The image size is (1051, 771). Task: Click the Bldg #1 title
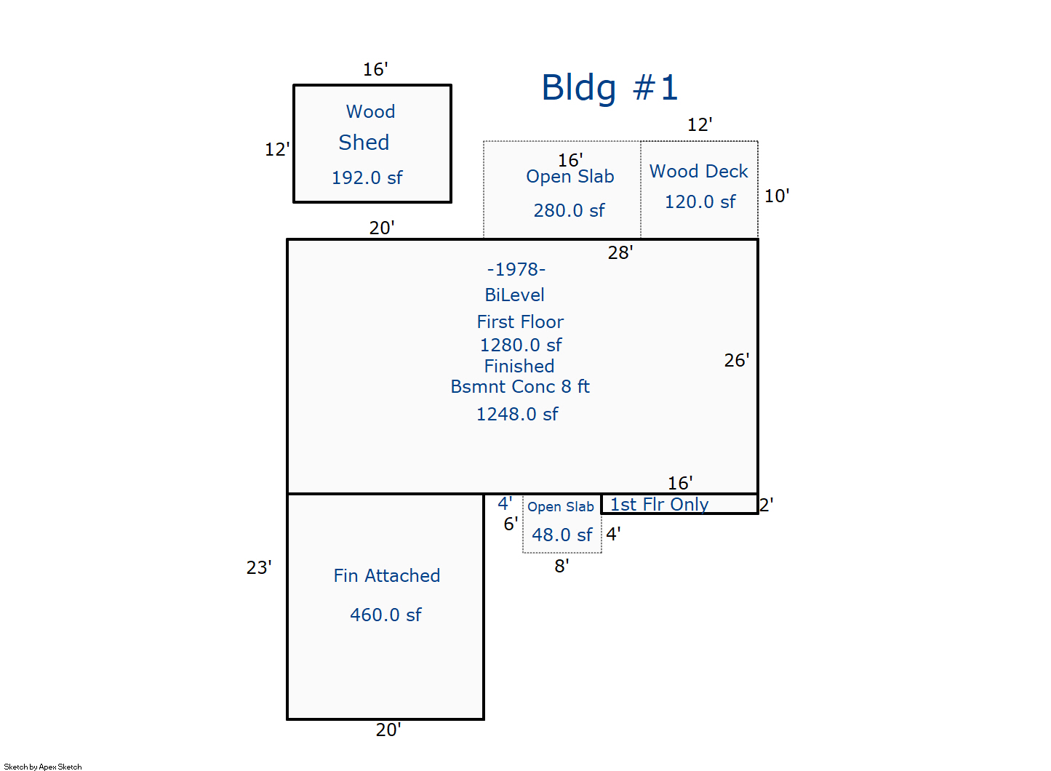pos(610,88)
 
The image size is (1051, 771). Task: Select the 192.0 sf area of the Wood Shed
pos(367,178)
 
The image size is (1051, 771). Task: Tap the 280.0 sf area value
pos(569,210)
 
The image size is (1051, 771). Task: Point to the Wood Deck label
pos(699,171)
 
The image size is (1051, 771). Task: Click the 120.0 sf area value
pos(700,201)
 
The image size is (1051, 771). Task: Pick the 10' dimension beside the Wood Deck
pos(777,196)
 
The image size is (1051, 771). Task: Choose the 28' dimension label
pos(620,252)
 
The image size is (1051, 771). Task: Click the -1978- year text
pos(516,269)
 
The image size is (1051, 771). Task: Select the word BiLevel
pos(515,295)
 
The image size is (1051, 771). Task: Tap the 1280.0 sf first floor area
pos(521,345)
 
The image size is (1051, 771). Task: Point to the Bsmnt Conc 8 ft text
pos(520,387)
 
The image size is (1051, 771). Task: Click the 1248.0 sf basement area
pos(517,415)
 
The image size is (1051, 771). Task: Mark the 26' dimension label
pos(737,360)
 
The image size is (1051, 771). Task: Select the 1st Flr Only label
pos(659,505)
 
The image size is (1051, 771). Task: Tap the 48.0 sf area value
pos(562,535)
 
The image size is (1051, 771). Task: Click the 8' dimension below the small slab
pos(562,566)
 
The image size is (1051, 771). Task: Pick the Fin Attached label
pos(387,576)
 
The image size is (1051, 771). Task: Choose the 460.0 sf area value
pos(385,615)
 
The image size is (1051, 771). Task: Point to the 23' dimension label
pos(259,567)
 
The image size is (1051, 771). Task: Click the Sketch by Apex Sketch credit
pos(43,767)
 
